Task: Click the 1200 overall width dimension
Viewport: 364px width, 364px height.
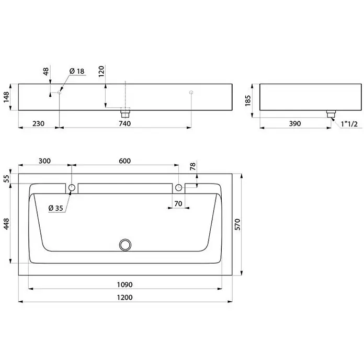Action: click(124, 298)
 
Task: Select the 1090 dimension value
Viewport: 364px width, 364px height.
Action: click(124, 285)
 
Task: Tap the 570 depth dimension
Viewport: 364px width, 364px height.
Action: click(238, 224)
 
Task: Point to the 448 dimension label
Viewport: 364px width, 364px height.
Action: click(6, 224)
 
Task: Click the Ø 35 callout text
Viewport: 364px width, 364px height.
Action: click(56, 208)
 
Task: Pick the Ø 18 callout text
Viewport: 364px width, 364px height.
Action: click(77, 71)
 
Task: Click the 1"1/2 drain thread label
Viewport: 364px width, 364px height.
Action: click(349, 124)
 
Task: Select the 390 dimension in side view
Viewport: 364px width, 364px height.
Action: click(295, 123)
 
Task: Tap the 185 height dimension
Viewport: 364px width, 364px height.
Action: click(248, 100)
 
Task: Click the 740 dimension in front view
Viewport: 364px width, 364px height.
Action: click(124, 123)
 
